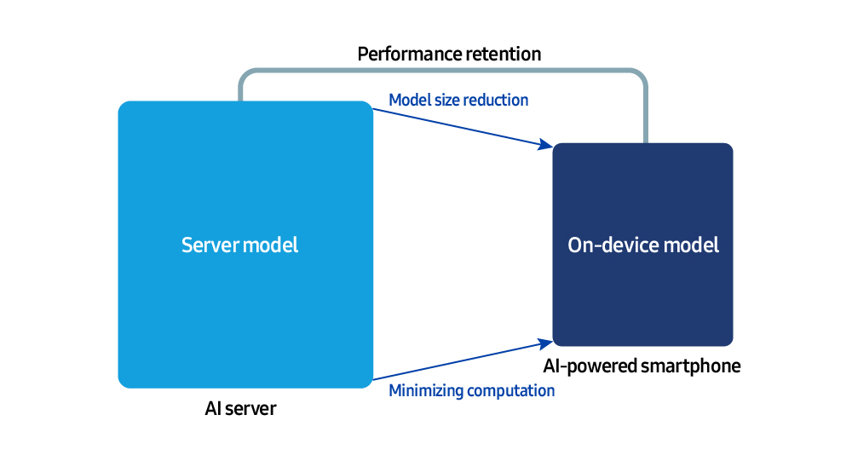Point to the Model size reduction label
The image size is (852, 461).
tap(458, 101)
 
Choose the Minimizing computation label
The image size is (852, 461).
tap(471, 391)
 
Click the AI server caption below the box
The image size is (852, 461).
tap(240, 409)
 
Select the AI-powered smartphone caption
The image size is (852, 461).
tap(642, 367)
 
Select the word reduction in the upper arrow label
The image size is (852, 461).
tap(496, 101)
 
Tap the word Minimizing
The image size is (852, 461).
tap(423, 391)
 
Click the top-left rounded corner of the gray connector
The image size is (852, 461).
tap(245, 74)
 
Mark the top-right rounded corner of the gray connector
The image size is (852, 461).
tap(642, 74)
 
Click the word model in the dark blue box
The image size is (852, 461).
tap(692, 245)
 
